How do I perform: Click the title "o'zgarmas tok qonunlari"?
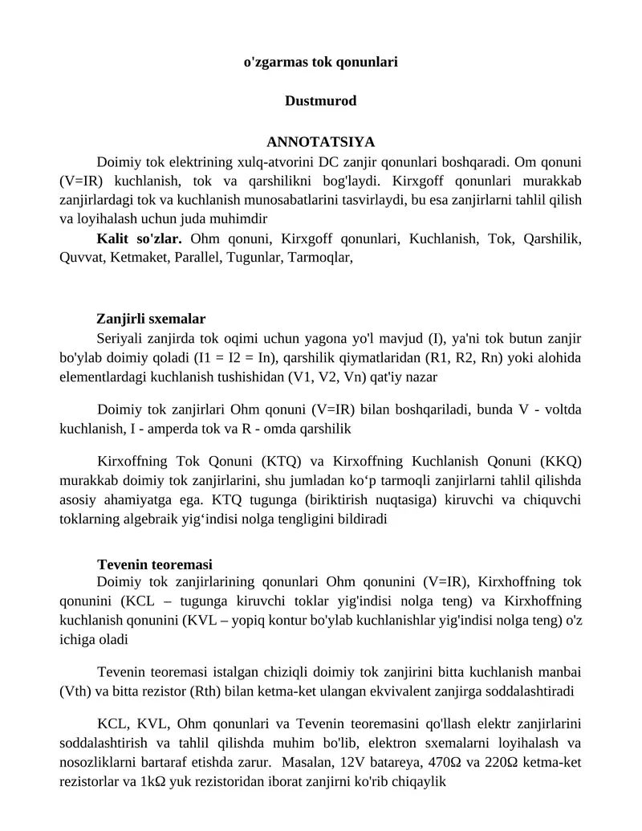tap(320, 61)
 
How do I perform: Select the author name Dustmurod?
tap(320, 101)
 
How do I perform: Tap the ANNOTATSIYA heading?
tap(320, 142)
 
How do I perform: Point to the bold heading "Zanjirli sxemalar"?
tap(151, 319)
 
